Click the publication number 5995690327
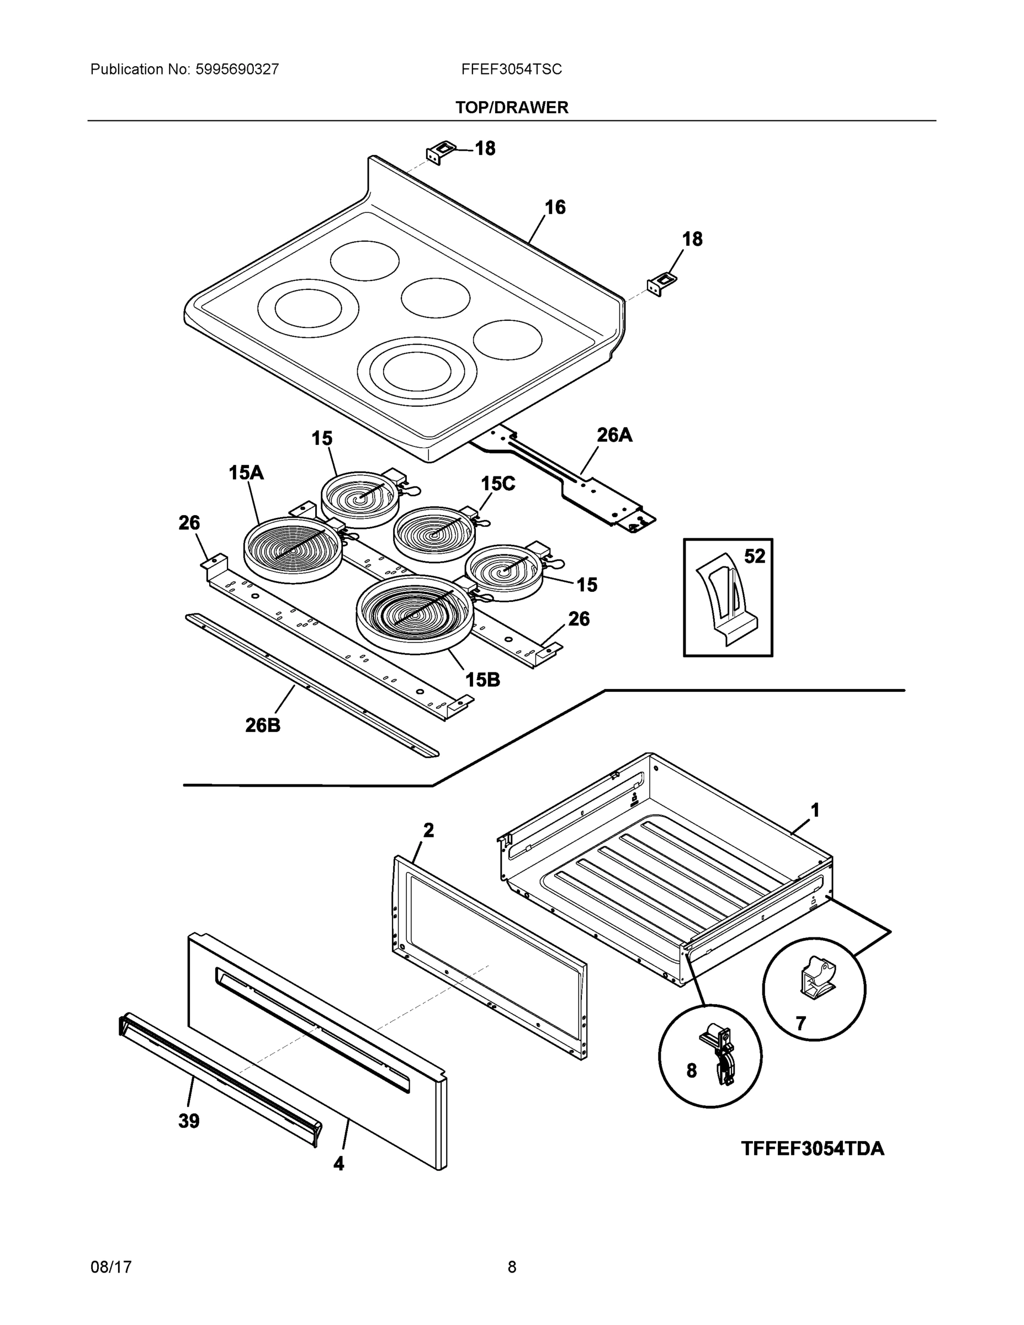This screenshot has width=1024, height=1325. (237, 69)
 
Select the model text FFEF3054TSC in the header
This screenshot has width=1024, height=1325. (511, 69)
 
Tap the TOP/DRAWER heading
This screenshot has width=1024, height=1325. (511, 108)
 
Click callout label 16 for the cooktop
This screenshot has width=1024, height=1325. (554, 208)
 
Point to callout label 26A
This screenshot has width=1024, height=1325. (614, 434)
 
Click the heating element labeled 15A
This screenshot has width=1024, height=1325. (293, 548)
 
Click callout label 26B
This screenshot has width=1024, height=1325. (263, 725)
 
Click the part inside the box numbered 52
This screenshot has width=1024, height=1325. (726, 597)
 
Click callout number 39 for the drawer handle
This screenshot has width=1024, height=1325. (189, 1121)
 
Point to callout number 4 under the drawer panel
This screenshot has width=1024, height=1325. (338, 1164)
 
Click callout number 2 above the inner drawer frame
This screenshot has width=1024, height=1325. (428, 830)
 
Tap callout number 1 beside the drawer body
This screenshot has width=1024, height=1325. (815, 810)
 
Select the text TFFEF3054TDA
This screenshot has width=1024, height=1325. (812, 1148)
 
